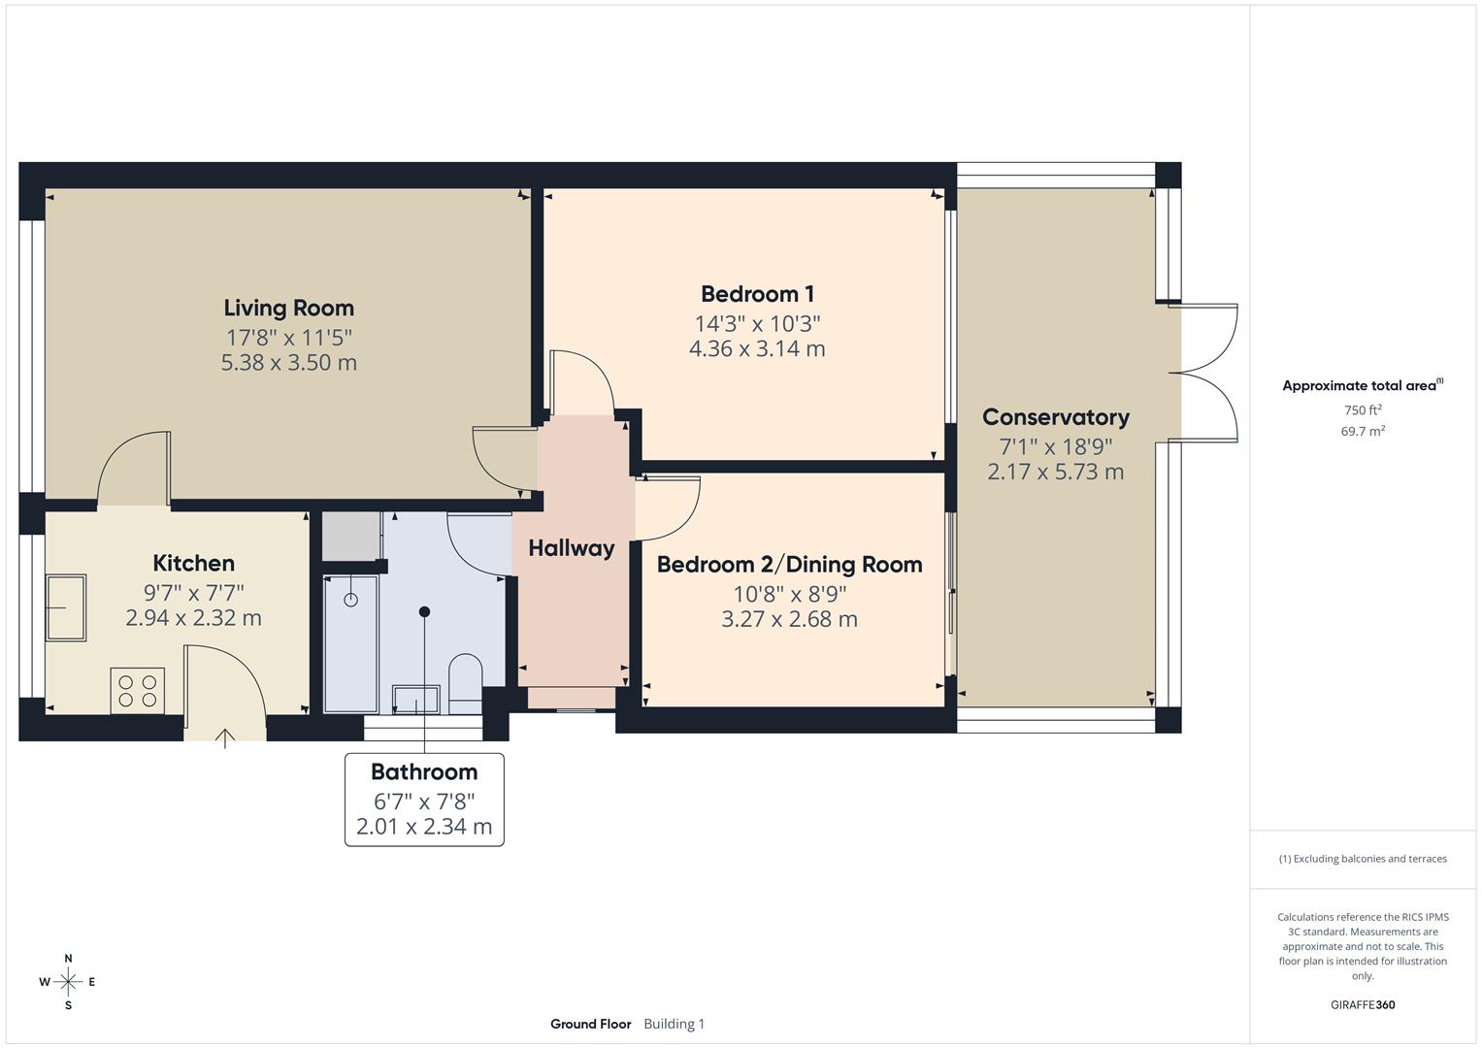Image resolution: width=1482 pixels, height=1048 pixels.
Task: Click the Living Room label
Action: pyautogui.click(x=288, y=308)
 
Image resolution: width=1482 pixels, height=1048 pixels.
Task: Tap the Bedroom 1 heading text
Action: pyautogui.click(x=757, y=294)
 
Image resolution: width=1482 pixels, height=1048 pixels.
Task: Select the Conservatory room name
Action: pyautogui.click(x=1055, y=417)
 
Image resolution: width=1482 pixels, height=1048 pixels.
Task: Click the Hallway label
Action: pyautogui.click(x=571, y=548)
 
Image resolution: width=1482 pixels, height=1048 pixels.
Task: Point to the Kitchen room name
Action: pyautogui.click(x=193, y=563)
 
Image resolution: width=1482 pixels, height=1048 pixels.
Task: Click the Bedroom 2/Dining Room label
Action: pyautogui.click(x=789, y=565)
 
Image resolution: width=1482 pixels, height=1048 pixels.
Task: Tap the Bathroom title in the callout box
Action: pyautogui.click(x=424, y=772)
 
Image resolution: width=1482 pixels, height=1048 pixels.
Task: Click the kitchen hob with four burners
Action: pyautogui.click(x=138, y=690)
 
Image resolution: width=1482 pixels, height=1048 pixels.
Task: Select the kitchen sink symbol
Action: pyautogui.click(x=66, y=607)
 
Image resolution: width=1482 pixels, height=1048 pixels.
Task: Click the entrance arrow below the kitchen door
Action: pyautogui.click(x=225, y=739)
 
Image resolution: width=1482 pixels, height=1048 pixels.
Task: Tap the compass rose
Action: pyautogui.click(x=68, y=982)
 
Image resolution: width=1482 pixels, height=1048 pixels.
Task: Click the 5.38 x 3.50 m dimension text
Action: pyautogui.click(x=288, y=363)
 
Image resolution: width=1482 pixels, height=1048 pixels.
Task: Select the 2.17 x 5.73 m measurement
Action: pyautogui.click(x=1055, y=473)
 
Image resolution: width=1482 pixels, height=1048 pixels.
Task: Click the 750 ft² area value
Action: pyautogui.click(x=1362, y=410)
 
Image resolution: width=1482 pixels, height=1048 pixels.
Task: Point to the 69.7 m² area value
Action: pyautogui.click(x=1362, y=432)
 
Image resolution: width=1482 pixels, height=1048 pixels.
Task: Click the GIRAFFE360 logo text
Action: pyautogui.click(x=1362, y=1005)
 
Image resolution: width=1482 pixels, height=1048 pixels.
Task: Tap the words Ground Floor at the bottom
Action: pyautogui.click(x=590, y=1024)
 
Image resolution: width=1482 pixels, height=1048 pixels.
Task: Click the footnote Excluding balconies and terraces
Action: pyautogui.click(x=1363, y=859)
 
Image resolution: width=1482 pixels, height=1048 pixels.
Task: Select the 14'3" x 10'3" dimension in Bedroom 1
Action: pyautogui.click(x=757, y=323)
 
